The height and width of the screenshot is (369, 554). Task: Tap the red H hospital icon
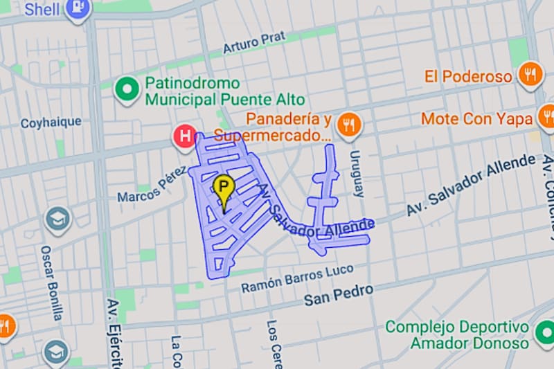185,136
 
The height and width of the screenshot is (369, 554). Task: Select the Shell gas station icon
76,9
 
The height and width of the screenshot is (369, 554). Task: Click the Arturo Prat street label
254,42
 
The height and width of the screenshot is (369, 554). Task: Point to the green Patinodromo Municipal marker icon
127,89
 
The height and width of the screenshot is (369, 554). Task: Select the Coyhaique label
51,123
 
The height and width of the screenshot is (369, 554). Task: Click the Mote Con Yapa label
476,118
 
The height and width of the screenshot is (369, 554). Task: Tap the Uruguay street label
356,173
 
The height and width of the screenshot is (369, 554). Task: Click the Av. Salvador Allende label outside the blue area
471,185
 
